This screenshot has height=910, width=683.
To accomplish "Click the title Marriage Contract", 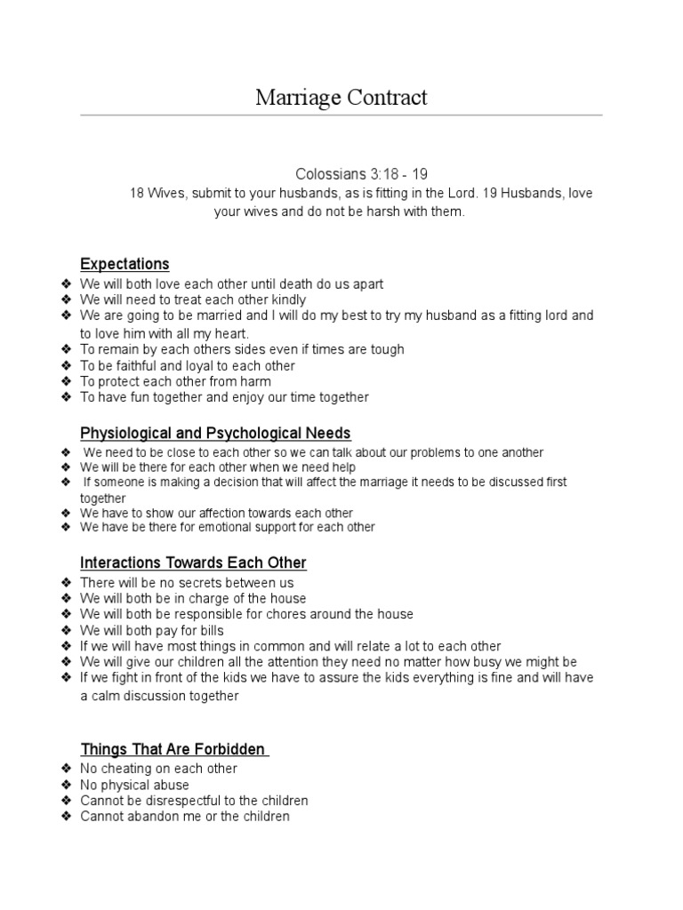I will tap(341, 97).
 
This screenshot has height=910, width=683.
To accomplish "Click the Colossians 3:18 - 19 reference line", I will tap(354, 174).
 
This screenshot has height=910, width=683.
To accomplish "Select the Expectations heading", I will tap(125, 264).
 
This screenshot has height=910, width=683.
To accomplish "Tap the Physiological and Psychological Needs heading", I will tap(215, 433).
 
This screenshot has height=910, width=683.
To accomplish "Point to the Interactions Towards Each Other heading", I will tap(193, 563).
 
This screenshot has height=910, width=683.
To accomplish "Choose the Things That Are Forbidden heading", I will tap(174, 749).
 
